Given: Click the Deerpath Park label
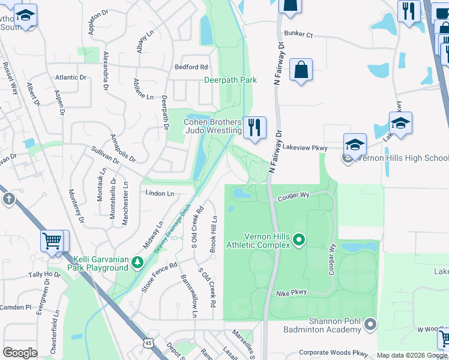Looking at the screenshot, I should tap(231, 80).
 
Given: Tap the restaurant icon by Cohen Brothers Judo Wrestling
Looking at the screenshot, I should tap(255, 127).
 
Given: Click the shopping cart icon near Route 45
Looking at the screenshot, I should tap(52, 241).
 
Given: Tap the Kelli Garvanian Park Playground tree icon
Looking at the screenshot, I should tap(137, 263).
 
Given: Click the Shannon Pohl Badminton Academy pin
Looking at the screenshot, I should tap(370, 325).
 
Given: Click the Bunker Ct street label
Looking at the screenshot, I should tap(299, 35).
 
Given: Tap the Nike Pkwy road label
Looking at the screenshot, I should tap(291, 293).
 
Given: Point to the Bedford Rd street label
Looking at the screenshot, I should tap(191, 67).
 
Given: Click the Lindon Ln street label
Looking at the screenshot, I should tap(159, 193).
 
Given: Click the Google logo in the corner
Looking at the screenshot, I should tap(20, 352).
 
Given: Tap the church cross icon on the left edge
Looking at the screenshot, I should tap(8, 199).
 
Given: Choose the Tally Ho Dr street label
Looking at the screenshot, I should tap(44, 275).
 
